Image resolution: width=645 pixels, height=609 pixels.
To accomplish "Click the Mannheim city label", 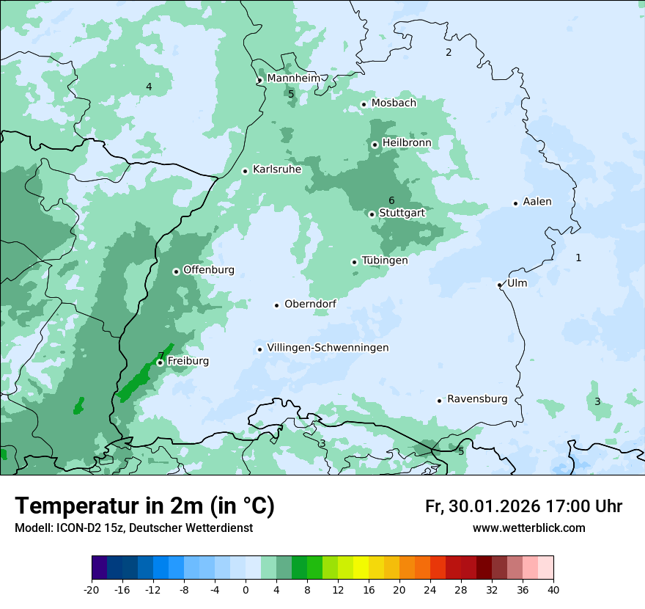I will (x=293, y=78).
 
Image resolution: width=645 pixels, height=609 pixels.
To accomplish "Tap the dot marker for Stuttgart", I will (x=372, y=214).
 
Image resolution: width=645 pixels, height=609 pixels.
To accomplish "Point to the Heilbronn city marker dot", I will (x=375, y=145).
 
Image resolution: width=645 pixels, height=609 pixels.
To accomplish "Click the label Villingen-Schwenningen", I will (x=328, y=348).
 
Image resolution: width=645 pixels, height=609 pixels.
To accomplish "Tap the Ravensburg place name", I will (x=477, y=399).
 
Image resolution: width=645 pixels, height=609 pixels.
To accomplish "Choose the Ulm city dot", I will (x=500, y=285).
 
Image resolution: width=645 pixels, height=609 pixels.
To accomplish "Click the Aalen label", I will (x=537, y=202).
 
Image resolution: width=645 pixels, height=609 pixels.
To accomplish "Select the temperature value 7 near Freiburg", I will (x=161, y=356).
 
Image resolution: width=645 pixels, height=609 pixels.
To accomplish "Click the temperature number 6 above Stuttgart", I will (x=391, y=200).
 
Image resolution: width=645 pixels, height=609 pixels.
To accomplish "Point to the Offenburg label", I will (x=209, y=270).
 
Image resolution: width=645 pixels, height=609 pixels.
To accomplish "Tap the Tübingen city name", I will (x=385, y=260).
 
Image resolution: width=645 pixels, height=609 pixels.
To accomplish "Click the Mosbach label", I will (x=394, y=103).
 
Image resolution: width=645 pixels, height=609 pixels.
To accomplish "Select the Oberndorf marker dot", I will (x=276, y=305).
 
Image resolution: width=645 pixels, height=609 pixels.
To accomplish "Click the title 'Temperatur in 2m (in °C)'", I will (x=144, y=506).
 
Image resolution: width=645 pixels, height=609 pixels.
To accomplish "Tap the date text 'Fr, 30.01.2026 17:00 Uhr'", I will (x=523, y=506).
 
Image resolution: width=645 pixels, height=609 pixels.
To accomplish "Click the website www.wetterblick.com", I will (x=528, y=528).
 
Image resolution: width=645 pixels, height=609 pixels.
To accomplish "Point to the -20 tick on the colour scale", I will (x=92, y=589).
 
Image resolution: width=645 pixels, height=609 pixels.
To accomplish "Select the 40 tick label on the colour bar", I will (x=553, y=589).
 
